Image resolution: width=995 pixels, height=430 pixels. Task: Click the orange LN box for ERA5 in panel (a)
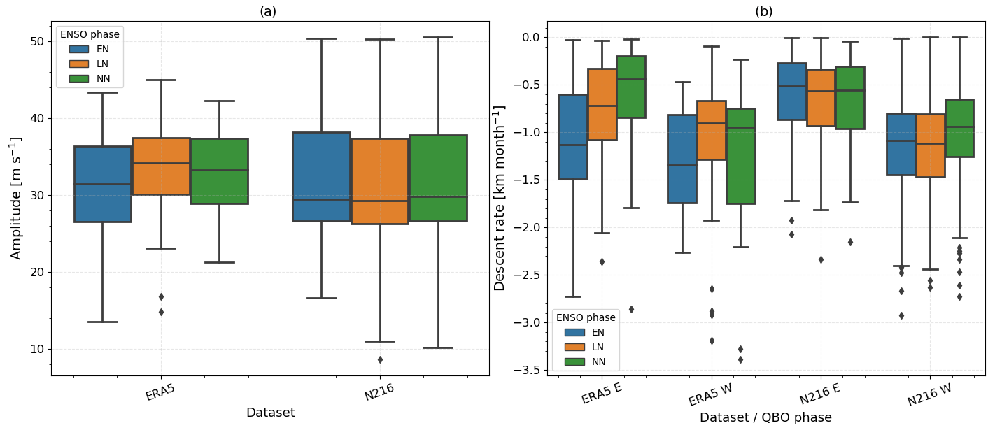161,166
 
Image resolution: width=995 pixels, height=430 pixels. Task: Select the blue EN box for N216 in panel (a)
321,177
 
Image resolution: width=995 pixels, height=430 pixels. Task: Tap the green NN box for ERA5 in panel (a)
219,171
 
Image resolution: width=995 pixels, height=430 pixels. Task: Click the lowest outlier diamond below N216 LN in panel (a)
380,359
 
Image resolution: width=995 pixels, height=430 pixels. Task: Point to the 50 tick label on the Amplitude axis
36,41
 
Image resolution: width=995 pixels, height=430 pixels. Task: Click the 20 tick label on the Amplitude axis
36,272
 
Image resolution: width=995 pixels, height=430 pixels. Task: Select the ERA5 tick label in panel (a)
161,393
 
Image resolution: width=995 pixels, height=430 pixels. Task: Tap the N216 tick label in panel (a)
379,393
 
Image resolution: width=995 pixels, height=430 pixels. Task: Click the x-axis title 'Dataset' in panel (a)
270,413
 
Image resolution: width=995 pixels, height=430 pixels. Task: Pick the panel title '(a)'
268,11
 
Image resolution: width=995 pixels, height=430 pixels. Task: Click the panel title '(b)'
764,11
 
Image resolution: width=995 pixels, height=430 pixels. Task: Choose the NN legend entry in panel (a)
103,78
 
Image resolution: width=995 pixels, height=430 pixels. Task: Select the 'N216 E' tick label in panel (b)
820,394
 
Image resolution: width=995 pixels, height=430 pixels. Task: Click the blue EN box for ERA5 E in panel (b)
572,137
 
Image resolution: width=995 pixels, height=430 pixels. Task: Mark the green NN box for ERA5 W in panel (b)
740,156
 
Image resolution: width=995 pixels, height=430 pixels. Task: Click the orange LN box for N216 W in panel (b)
930,145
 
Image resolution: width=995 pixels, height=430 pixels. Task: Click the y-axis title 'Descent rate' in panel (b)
500,198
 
